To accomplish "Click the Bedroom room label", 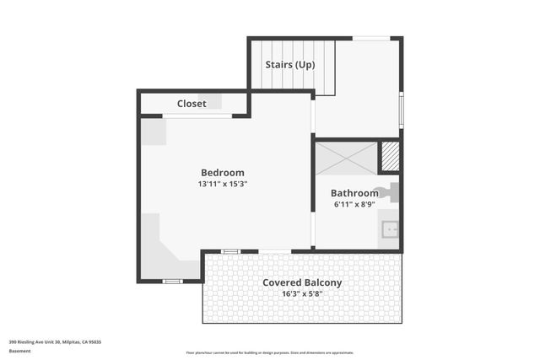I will click(222, 173).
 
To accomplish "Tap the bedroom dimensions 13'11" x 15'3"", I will click(222, 184).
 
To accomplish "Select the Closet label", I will click(192, 104).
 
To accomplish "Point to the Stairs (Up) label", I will click(290, 65).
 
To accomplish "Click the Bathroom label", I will click(354, 193).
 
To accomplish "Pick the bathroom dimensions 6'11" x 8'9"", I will click(354, 204).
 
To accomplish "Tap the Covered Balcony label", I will click(301, 282).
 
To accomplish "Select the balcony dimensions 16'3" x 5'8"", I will click(301, 294).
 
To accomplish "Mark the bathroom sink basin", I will click(389, 228).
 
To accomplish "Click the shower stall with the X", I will click(346, 158).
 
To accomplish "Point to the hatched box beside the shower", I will click(390, 156).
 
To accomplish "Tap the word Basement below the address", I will click(19, 351).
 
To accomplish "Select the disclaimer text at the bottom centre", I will click(270, 353).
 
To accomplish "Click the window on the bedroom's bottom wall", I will click(172, 281).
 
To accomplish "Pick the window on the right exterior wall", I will click(401, 108).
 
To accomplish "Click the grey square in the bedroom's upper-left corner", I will click(153, 132).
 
